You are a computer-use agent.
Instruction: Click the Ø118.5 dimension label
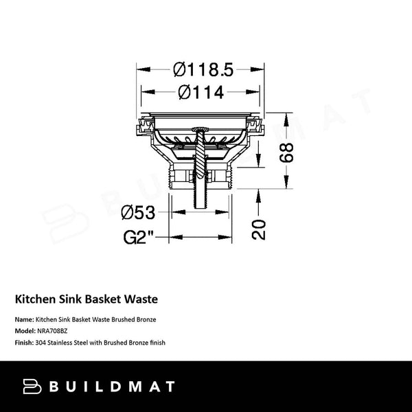[x=203, y=70]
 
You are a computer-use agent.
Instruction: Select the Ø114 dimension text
[x=201, y=92]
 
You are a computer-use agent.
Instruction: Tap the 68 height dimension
[x=286, y=152]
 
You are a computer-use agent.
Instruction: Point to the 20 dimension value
[x=259, y=229]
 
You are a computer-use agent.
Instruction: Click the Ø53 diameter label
[x=138, y=213]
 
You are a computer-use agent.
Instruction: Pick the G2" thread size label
[x=139, y=238]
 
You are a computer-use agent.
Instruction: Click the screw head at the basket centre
[x=201, y=129]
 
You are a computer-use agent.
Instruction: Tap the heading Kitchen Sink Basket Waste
[x=87, y=299]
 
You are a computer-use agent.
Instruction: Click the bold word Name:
[x=25, y=319]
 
